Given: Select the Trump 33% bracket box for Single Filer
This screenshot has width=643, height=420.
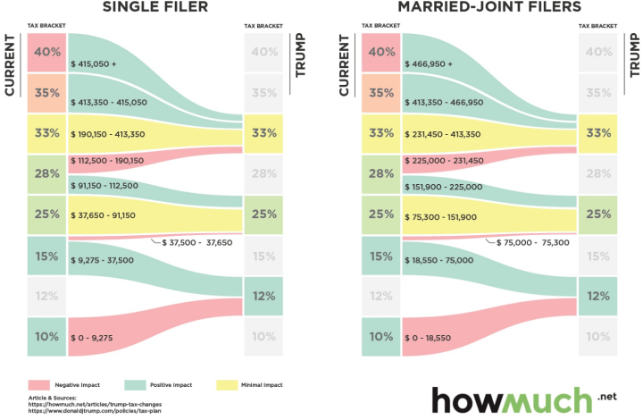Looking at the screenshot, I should click(264, 133).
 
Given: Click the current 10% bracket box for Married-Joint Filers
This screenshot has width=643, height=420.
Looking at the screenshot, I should click(381, 337).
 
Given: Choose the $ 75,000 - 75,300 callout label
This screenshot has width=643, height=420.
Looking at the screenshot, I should click(531, 242).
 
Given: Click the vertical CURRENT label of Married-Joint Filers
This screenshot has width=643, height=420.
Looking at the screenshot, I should click(344, 65).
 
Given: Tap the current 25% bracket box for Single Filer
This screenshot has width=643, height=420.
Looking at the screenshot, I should click(46, 214).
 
